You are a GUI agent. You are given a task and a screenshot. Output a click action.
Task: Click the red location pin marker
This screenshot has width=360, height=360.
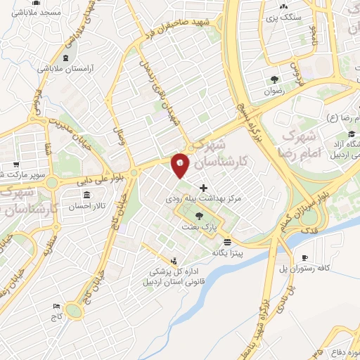(180, 165)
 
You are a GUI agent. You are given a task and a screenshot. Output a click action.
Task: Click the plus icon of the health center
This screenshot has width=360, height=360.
(204, 188)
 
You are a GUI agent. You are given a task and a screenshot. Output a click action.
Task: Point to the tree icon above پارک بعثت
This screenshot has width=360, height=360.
(200, 217)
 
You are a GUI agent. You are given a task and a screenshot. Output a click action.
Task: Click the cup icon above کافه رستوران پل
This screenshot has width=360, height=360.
(304, 257)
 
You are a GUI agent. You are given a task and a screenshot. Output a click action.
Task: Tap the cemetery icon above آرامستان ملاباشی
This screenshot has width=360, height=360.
(66, 58)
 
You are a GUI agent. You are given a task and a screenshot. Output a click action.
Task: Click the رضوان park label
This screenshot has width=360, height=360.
(274, 91)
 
